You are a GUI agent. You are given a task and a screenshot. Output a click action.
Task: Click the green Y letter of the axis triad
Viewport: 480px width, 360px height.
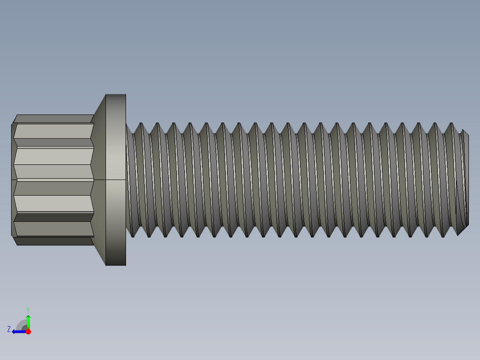pos(28,309)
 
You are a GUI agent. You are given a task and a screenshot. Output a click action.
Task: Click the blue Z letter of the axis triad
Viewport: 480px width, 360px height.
pos(9,329)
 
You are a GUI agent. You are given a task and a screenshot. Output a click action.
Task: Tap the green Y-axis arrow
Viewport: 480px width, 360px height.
pos(28,321)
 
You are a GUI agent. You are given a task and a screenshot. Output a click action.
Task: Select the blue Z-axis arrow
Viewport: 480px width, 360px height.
pos(18,331)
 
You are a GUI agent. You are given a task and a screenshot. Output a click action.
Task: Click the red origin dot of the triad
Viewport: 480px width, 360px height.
pos(28,331)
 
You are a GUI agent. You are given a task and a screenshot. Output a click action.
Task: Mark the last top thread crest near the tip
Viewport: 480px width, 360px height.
pos(450,123)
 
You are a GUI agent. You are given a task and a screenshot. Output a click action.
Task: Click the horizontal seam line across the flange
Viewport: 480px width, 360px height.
pos(116,180)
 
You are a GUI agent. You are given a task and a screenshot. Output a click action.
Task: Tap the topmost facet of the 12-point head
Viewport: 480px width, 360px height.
pos(53,119)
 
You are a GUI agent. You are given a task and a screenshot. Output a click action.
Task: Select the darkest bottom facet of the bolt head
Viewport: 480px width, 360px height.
pos(53,241)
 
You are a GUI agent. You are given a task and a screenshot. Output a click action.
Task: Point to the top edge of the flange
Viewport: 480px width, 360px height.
pos(116,94)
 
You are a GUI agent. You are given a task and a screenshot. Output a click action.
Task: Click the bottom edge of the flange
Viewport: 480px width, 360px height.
pos(116,266)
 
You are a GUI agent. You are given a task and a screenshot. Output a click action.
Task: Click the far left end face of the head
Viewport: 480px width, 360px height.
pos(13,180)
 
